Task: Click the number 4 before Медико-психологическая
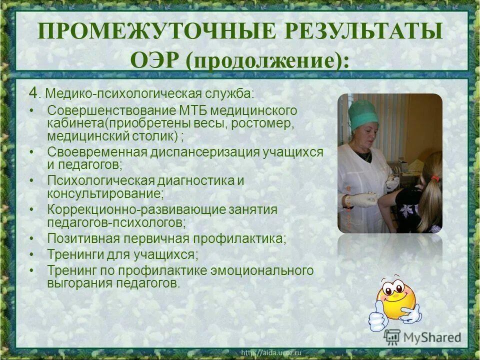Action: pos(33,92)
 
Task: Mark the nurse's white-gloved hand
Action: pos(361,200)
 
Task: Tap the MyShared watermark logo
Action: pos(422,337)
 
